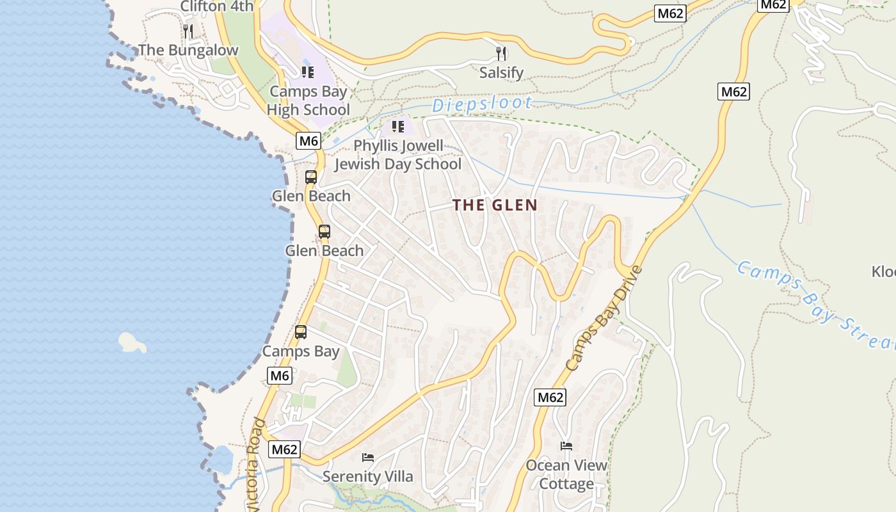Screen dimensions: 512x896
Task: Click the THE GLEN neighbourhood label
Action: click(494, 205)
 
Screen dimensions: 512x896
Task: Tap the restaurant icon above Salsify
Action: click(501, 53)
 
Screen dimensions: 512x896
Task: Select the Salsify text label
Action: click(501, 73)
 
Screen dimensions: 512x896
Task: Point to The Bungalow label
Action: click(188, 50)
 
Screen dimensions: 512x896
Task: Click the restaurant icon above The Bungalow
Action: click(188, 31)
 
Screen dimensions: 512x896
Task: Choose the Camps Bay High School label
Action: click(308, 100)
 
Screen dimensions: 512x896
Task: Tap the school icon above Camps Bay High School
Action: click(308, 72)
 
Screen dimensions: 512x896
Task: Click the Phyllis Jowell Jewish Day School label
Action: click(397, 155)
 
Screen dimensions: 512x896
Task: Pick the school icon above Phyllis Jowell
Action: click(398, 127)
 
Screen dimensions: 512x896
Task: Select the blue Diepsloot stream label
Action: click(481, 104)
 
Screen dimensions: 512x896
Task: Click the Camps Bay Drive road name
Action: click(604, 318)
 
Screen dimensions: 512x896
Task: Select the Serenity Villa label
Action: click(367, 476)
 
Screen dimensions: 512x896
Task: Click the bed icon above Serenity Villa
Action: click(368, 457)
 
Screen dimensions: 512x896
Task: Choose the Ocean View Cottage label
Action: click(566, 474)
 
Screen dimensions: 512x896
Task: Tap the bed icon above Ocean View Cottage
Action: click(566, 445)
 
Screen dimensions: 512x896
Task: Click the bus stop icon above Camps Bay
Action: click(300, 332)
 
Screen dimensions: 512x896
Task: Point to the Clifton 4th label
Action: click(216, 6)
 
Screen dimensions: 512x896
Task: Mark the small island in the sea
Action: click(132, 342)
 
